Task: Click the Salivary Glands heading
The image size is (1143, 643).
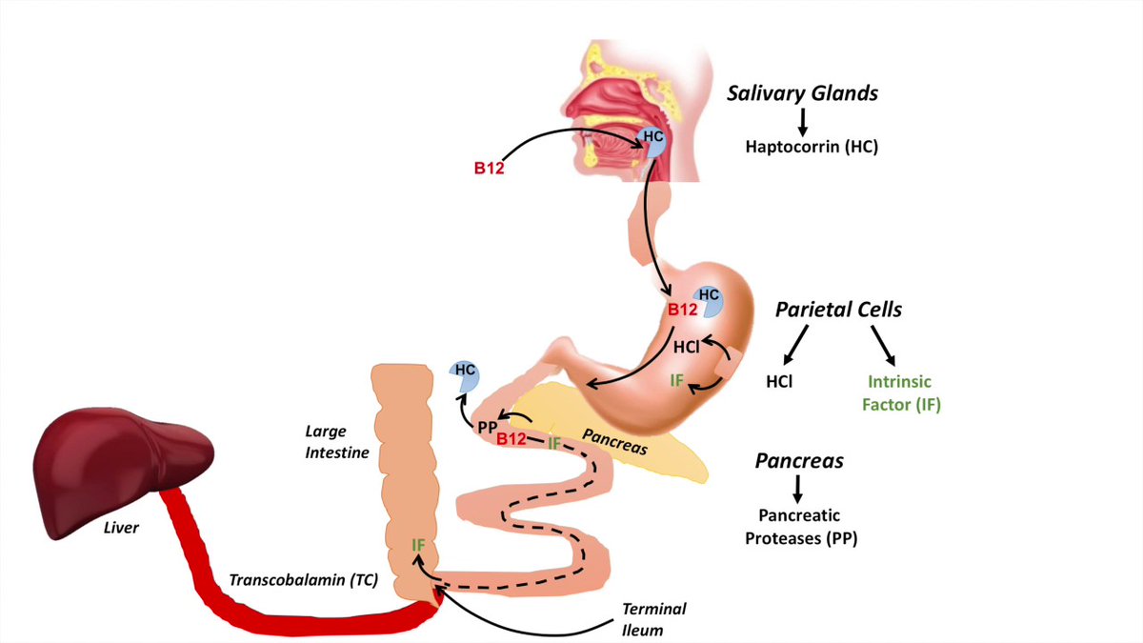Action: point(802,93)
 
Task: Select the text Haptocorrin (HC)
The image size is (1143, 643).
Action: point(811,148)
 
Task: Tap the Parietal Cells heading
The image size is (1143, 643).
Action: point(838,310)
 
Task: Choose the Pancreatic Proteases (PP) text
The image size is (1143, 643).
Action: point(799,526)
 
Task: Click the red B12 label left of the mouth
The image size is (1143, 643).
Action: point(490,171)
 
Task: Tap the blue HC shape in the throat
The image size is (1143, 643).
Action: point(652,139)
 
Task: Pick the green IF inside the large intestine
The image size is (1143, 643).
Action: point(418,545)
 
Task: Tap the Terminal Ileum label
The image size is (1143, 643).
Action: point(653,618)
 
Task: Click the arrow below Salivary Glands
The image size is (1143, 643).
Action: point(802,121)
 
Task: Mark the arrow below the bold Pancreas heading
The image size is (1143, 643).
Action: point(798,487)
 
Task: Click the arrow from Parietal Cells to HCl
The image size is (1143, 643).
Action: point(795,344)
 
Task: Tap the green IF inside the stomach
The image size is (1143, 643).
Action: point(677,381)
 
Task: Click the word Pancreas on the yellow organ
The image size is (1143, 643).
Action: point(614,445)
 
